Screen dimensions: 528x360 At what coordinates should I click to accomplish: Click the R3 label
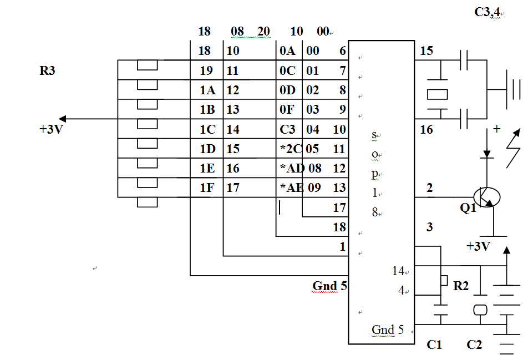click(x=47, y=70)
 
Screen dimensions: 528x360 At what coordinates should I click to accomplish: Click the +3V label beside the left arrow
click(x=51, y=129)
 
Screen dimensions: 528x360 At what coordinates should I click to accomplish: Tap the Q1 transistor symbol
click(x=486, y=197)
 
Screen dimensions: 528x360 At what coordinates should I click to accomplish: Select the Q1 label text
click(x=468, y=208)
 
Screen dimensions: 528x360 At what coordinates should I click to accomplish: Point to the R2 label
click(x=461, y=286)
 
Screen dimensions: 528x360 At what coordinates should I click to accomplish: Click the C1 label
click(x=434, y=344)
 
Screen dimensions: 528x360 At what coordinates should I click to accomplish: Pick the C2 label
click(x=474, y=344)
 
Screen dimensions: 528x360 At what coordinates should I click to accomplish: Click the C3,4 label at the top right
click(x=488, y=12)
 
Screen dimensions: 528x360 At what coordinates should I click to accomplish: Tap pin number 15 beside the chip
click(x=427, y=51)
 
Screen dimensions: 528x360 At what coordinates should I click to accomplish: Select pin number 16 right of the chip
click(x=427, y=129)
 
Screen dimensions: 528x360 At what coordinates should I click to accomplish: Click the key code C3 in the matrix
click(x=287, y=129)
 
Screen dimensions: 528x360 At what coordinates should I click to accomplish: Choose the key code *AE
click(x=292, y=187)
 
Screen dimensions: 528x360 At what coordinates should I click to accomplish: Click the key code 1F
click(x=207, y=187)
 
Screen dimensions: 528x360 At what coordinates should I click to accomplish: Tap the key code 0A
click(x=287, y=51)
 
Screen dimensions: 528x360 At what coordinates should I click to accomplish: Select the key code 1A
click(x=207, y=90)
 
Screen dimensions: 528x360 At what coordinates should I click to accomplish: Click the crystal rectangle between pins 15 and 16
click(x=438, y=94)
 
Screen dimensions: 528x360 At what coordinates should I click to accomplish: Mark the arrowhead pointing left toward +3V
click(x=62, y=119)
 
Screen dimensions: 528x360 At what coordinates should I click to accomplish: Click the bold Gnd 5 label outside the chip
click(x=329, y=286)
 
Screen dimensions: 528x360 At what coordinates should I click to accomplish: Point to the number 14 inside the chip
click(x=398, y=271)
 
